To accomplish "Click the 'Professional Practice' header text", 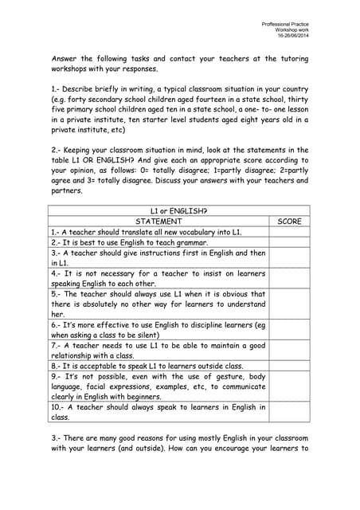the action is [x=284, y=25].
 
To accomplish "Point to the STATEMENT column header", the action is [x=158, y=221].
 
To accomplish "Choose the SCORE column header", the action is [x=288, y=221].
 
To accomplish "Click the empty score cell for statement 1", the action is [x=288, y=232].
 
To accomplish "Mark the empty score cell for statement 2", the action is [x=288, y=242].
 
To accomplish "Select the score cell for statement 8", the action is [x=288, y=367].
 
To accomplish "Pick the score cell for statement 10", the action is [x=288, y=412].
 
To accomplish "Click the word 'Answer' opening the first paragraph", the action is [x=66, y=58].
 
